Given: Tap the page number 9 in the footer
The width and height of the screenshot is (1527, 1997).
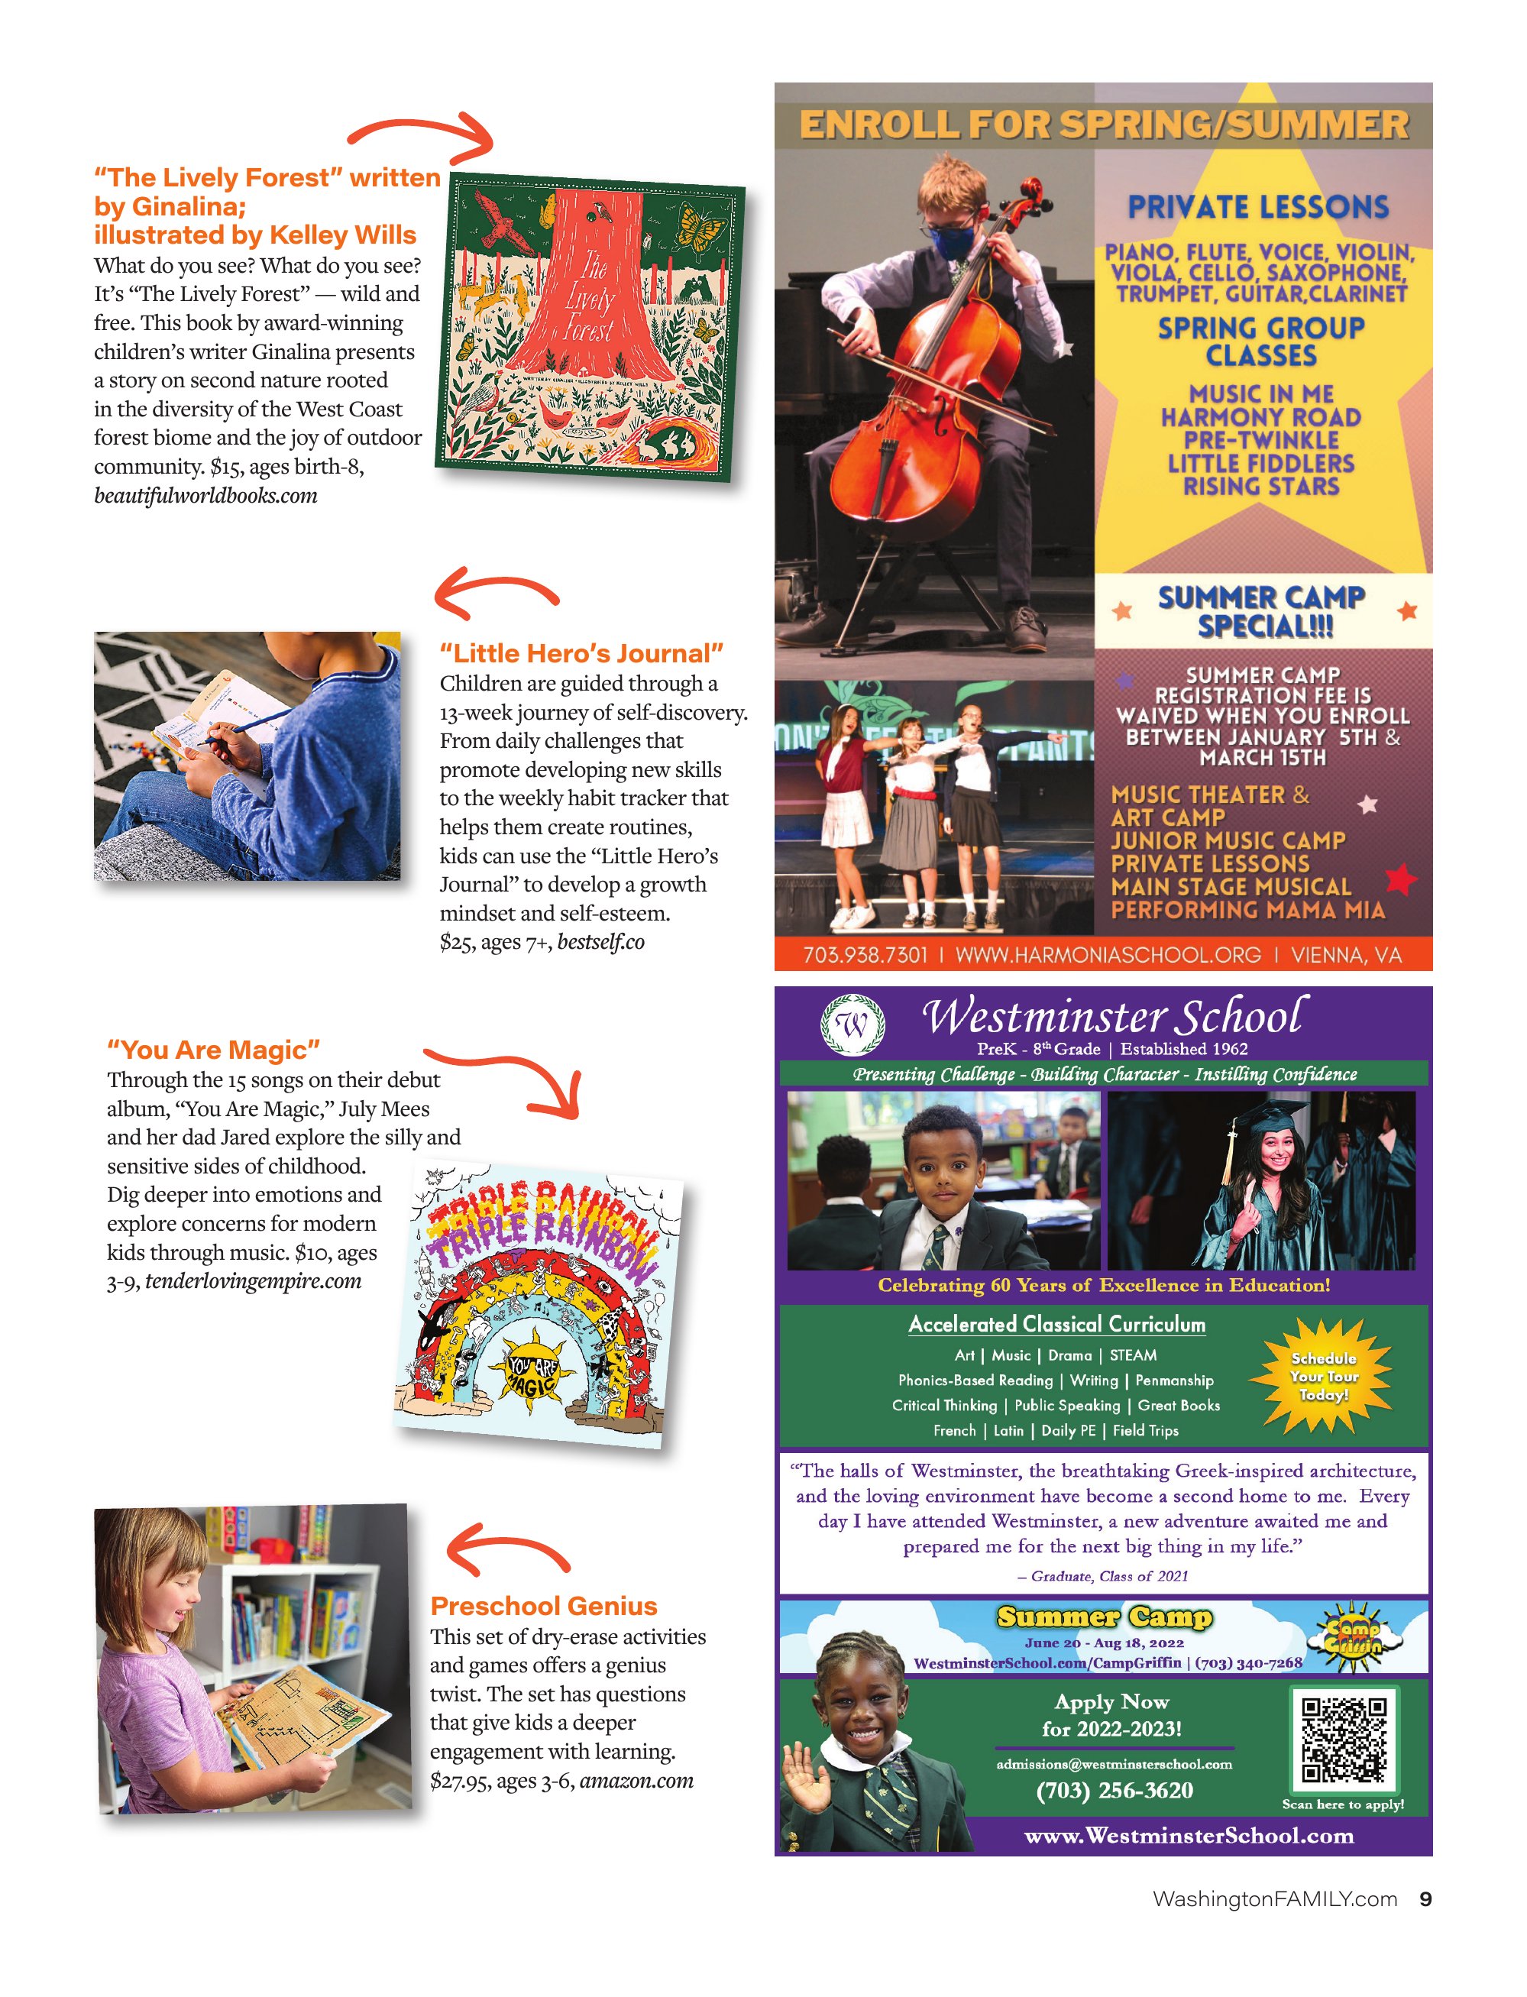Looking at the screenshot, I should pyautogui.click(x=1425, y=1899).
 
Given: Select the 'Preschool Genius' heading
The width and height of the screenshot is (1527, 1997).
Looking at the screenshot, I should pyautogui.click(x=544, y=1606).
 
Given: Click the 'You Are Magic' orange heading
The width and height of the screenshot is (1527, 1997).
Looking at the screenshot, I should pyautogui.click(x=214, y=1050).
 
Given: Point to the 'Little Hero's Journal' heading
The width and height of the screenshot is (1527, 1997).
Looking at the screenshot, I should pyautogui.click(x=582, y=653).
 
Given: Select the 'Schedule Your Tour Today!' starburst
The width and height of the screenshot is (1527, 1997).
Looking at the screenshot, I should pyautogui.click(x=1323, y=1376).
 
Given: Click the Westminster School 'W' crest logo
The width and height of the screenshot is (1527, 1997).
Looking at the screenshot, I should pyautogui.click(x=852, y=1025).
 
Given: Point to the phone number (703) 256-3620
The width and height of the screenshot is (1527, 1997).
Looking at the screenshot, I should pyautogui.click(x=1115, y=1791).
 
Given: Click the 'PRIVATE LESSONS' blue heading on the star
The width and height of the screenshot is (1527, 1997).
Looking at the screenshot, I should pyautogui.click(x=1259, y=207).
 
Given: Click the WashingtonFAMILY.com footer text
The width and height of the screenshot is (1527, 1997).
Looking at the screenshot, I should pyautogui.click(x=1274, y=1899).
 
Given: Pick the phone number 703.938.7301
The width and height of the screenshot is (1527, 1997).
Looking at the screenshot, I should pyautogui.click(x=865, y=955).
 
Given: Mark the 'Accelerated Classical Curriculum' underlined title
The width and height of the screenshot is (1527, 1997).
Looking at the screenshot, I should pyautogui.click(x=1057, y=1325).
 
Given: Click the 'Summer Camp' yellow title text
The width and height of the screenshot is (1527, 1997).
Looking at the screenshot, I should pyautogui.click(x=1105, y=1617).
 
